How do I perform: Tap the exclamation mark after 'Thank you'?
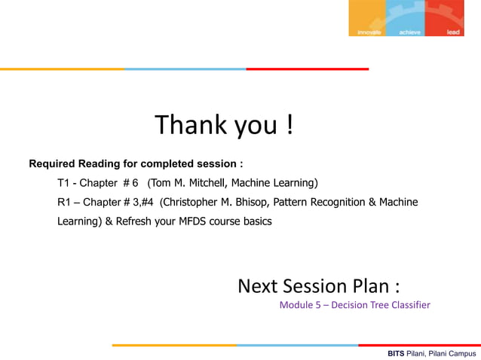(290, 125)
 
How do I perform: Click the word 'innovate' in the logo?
(370, 32)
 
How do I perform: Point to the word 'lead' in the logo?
(453, 32)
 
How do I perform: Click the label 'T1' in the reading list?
(64, 183)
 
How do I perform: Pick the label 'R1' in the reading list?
(65, 203)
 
